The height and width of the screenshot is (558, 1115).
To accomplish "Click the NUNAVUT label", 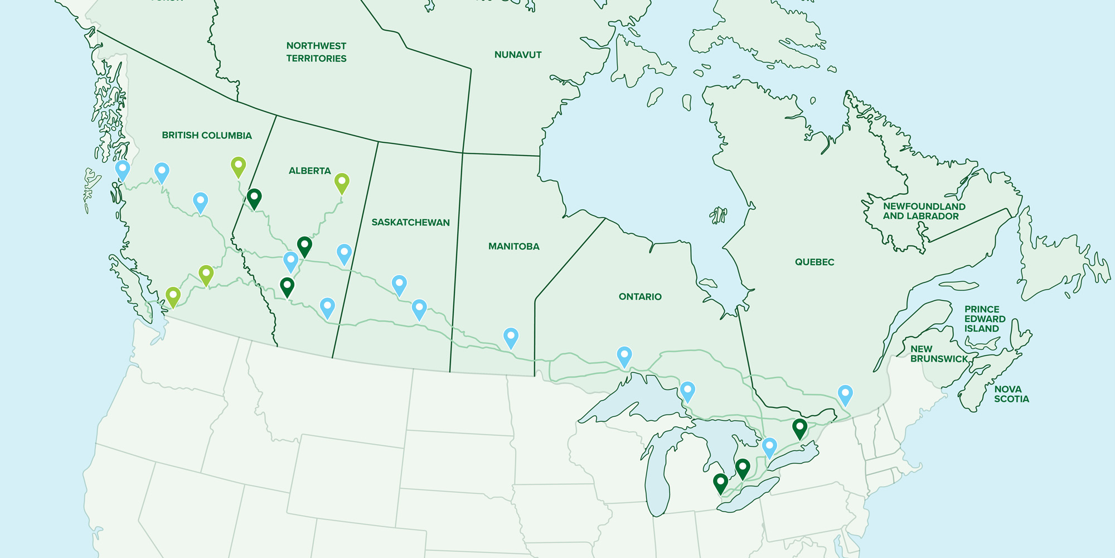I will tap(517, 55).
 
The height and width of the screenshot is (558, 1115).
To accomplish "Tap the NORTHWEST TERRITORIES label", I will tap(316, 52).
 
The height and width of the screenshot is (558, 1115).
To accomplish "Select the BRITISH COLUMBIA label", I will tap(207, 136).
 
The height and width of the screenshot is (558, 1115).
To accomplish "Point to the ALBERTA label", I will tap(309, 171).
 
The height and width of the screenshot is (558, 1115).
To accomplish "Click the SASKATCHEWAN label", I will tap(410, 223).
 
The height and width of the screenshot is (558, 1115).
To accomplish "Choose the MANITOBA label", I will tap(513, 247).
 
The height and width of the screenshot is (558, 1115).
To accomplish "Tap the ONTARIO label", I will tap(640, 297).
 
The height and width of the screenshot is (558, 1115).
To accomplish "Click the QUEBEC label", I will tap(814, 262).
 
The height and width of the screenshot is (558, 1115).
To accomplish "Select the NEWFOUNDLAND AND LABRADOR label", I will tap(924, 211).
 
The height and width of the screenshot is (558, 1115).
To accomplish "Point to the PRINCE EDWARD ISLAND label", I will tap(985, 319).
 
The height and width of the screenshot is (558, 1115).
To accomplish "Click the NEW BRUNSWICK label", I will tap(939, 354).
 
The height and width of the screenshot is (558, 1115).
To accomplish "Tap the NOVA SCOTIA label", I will tap(1011, 394).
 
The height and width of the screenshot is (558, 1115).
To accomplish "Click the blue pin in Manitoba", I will tap(511, 336).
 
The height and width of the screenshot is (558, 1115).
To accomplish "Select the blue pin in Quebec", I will tap(845, 393).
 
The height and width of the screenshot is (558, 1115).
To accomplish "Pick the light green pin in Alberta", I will tap(342, 182).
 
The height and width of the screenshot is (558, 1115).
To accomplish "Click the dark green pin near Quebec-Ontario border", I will tap(799, 428).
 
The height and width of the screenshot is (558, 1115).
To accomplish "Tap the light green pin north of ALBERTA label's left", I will tap(238, 166).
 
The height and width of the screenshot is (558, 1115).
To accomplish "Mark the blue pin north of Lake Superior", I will tap(624, 355).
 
